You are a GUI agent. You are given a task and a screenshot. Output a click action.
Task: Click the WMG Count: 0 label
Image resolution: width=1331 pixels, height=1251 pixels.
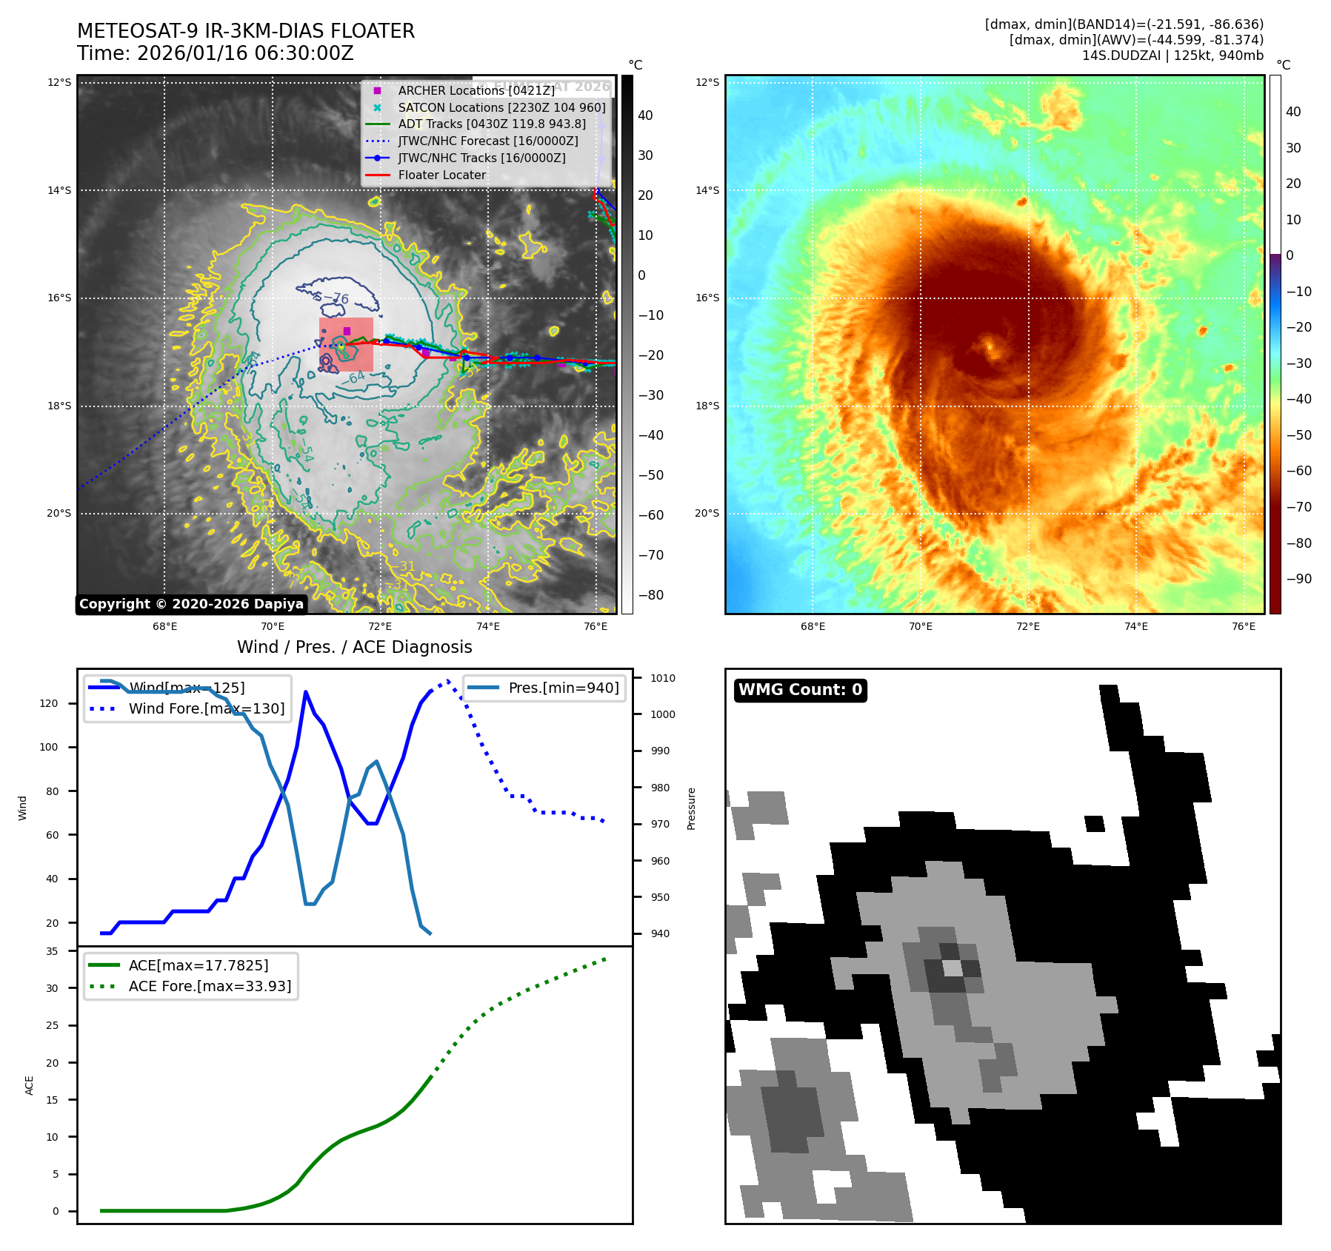tap(800, 690)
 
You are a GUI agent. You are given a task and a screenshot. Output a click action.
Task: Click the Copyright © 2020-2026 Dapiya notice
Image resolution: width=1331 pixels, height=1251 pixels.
tap(191, 604)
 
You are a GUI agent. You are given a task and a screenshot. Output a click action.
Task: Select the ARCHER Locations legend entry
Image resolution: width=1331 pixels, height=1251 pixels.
tap(476, 90)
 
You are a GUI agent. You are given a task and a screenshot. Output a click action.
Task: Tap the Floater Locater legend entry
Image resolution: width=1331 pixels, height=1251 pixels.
tap(441, 175)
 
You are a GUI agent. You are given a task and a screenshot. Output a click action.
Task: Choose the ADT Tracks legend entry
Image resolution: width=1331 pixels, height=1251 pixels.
tap(492, 124)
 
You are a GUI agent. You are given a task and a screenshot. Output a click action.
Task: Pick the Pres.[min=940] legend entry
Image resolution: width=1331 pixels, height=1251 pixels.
tap(563, 688)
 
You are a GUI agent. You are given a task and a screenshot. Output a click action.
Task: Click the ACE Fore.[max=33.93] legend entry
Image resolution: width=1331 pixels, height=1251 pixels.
tap(210, 986)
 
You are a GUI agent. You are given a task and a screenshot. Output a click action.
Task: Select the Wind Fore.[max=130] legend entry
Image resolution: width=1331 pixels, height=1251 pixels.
tap(206, 708)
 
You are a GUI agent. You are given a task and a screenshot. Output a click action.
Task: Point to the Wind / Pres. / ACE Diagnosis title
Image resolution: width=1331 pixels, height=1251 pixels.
tap(354, 647)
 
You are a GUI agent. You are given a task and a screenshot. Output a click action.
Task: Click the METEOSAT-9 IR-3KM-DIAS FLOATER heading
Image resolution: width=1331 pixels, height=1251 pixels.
tap(246, 31)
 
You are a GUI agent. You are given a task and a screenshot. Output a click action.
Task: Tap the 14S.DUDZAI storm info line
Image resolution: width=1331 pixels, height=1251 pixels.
tap(1172, 56)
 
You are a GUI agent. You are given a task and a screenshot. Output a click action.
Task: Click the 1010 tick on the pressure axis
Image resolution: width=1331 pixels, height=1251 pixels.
tap(663, 678)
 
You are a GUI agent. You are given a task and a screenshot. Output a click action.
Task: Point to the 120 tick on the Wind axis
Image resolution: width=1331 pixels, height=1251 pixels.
tap(49, 703)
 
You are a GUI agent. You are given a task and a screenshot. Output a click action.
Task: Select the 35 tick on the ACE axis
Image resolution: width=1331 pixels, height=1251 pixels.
tap(52, 951)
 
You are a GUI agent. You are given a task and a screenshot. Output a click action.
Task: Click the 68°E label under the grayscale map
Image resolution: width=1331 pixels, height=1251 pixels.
tap(164, 626)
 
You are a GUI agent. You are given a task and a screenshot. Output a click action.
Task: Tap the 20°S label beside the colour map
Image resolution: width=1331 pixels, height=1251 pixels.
tap(707, 514)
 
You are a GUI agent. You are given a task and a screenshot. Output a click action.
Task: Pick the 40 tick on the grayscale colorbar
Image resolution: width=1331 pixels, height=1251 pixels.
tap(645, 115)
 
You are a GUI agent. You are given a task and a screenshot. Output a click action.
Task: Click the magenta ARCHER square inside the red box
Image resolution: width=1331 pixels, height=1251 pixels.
tap(347, 331)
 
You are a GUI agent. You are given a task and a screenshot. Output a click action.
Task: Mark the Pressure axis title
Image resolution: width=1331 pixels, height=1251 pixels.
tap(691, 808)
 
